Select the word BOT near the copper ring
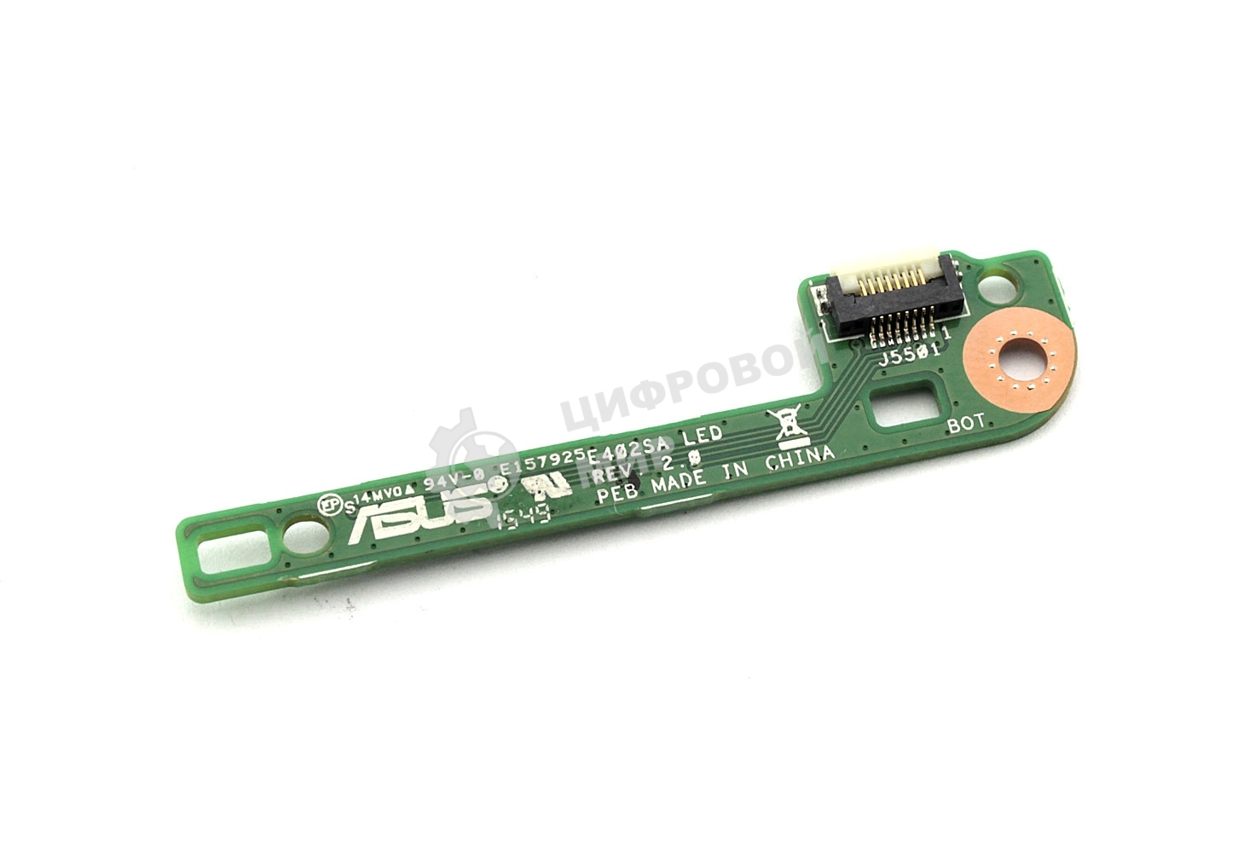(965, 421)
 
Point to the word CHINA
(799, 461)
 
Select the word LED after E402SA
(703, 437)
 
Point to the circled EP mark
(323, 504)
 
